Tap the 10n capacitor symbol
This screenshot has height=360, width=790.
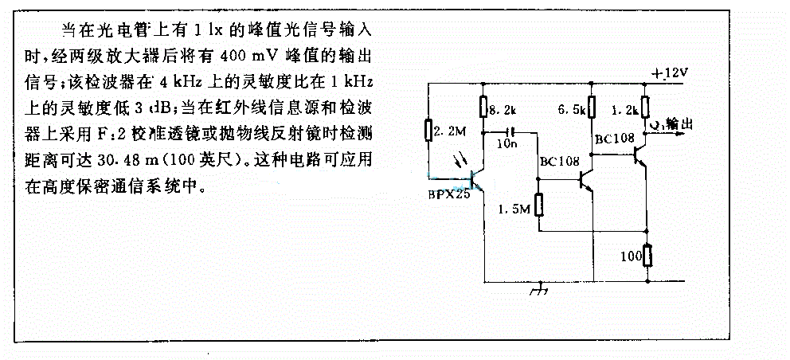click(x=510, y=131)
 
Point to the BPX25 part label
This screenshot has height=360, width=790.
click(x=448, y=193)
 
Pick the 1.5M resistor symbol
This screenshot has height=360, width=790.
click(x=538, y=205)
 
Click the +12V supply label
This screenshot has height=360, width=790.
click(x=668, y=73)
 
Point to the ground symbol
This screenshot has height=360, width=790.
click(x=543, y=289)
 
